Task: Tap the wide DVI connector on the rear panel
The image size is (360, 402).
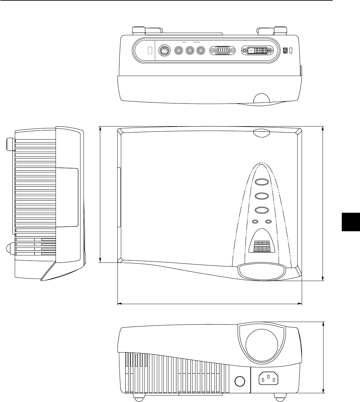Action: click(x=257, y=51)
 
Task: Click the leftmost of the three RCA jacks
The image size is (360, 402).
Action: click(x=179, y=51)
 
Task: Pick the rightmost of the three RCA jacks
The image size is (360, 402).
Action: click(x=200, y=51)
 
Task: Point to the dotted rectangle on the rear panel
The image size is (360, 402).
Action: click(x=150, y=51)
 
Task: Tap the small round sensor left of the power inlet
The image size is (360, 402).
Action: click(x=240, y=381)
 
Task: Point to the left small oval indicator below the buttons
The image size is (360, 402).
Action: click(x=256, y=222)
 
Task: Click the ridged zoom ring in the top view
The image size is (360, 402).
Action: click(x=262, y=246)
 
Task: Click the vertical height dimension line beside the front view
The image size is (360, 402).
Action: click(x=323, y=357)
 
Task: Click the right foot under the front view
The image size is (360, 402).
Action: click(x=279, y=396)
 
